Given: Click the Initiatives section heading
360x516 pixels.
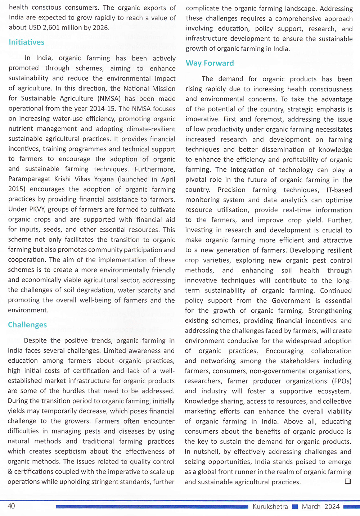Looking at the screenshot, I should tap(27, 42).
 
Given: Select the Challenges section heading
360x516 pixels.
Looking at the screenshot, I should tap(27, 325).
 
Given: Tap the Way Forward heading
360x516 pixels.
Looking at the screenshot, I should tap(210, 63).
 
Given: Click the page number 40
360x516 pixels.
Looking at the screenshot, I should tap(11, 506).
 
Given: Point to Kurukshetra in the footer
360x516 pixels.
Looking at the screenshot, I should tap(270, 507).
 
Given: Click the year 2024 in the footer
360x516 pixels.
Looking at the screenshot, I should tap(332, 507).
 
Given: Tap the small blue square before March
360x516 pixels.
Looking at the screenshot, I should tap(295, 507).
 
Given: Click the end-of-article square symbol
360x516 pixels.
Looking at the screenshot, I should tap(348, 481).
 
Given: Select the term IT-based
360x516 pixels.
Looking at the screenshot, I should tap(339, 190).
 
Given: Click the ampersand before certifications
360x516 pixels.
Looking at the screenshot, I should tap(10, 471).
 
